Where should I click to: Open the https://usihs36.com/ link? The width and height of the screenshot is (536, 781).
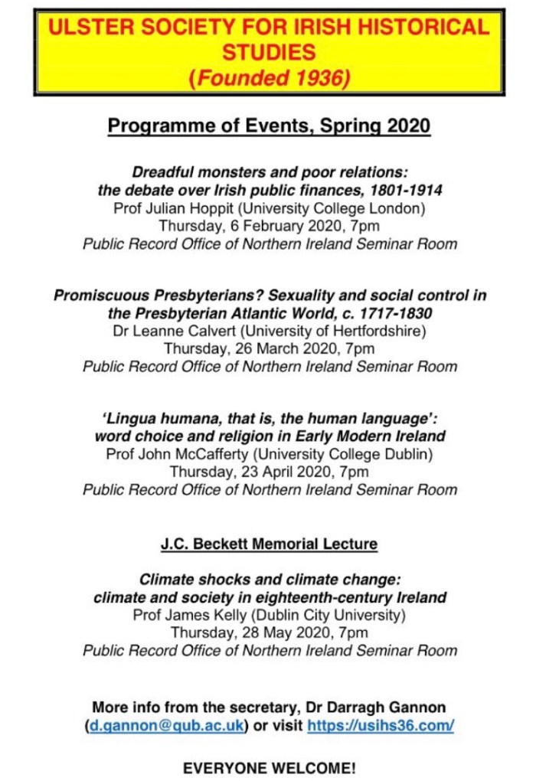tap(381, 725)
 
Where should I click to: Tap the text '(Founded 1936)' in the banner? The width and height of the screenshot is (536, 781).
tap(269, 77)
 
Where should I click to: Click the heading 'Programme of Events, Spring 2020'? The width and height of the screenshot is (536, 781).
tap(269, 126)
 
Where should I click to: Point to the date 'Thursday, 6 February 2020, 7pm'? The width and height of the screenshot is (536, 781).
tap(269, 226)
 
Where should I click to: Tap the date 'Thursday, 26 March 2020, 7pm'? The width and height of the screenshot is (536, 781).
tap(270, 348)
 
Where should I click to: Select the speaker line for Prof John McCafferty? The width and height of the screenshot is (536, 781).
tap(270, 453)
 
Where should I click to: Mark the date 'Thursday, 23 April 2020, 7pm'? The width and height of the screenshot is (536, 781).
tap(270, 472)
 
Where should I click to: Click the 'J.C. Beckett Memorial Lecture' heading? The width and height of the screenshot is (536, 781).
tap(269, 544)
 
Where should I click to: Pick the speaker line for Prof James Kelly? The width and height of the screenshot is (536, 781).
tap(270, 614)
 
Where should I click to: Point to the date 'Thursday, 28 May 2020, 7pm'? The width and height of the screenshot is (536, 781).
tap(270, 632)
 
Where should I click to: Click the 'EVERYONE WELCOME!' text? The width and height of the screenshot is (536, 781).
tap(270, 767)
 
